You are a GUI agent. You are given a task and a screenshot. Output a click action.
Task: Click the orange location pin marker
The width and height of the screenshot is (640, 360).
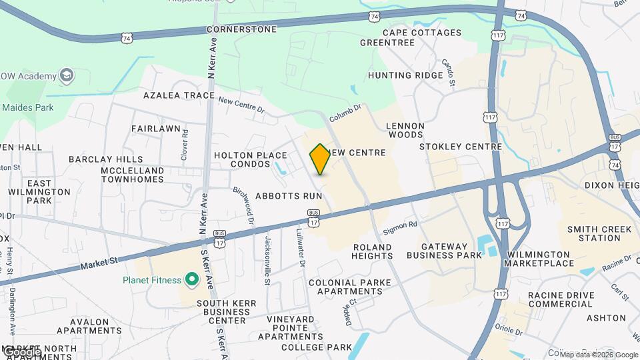(320, 159)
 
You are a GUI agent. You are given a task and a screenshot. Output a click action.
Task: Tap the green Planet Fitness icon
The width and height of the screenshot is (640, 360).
(192, 279)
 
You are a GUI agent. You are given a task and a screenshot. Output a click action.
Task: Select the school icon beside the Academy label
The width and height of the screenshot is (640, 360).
(67, 76)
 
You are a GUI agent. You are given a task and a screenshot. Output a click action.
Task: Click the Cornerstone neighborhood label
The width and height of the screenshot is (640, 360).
(241, 29)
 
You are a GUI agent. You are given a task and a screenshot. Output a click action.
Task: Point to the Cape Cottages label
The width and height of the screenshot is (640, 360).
(422, 33)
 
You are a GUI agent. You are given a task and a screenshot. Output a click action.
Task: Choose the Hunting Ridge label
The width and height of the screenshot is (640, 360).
(405, 75)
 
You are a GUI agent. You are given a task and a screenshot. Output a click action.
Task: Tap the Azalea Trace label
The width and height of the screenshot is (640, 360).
(179, 95)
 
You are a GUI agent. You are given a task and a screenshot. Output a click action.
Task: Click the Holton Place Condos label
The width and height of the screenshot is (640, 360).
(250, 159)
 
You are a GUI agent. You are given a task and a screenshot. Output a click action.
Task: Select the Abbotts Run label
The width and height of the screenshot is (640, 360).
(289, 196)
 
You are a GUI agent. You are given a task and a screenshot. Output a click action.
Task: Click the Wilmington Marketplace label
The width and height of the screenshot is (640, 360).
(540, 259)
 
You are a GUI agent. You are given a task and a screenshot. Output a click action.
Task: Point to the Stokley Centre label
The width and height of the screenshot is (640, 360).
(461, 147)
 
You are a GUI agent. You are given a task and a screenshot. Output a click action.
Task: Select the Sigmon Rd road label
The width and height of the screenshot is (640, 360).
(400, 229)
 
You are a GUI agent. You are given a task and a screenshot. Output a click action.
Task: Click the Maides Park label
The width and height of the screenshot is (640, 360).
(27, 107)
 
